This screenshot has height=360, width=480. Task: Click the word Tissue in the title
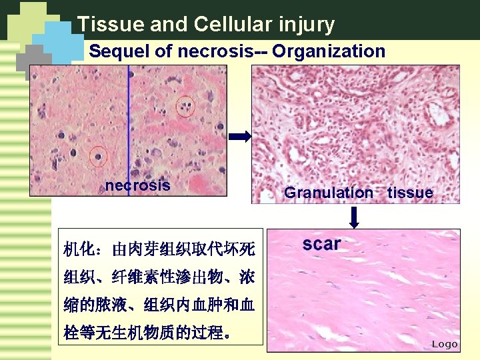click(x=110, y=25)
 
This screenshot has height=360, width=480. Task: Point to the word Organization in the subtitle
click(x=329, y=51)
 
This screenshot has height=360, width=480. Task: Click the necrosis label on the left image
click(x=137, y=185)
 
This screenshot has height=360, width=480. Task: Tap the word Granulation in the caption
click(x=329, y=193)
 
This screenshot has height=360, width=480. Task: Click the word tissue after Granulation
click(x=410, y=193)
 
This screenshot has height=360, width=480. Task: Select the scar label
click(x=321, y=244)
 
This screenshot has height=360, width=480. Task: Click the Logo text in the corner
click(x=445, y=344)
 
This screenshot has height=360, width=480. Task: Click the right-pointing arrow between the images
click(x=239, y=137)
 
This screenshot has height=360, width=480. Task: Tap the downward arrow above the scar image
click(x=355, y=217)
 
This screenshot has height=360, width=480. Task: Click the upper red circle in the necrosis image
click(x=185, y=105)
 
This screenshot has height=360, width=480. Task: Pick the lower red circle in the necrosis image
click(x=98, y=157)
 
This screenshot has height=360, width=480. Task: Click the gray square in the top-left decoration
click(x=33, y=63)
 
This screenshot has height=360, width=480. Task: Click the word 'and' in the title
click(x=170, y=25)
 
